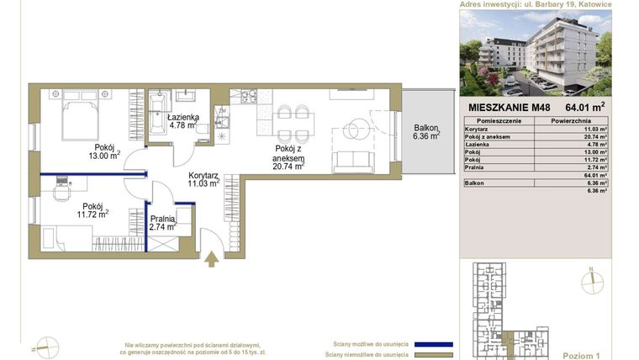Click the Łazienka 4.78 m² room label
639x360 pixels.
[182, 121]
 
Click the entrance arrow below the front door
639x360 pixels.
[212, 259]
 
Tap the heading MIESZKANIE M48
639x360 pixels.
[504, 108]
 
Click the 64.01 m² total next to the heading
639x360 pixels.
[585, 108]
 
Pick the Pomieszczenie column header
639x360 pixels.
[493, 121]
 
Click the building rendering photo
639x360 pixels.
[547, 52]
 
